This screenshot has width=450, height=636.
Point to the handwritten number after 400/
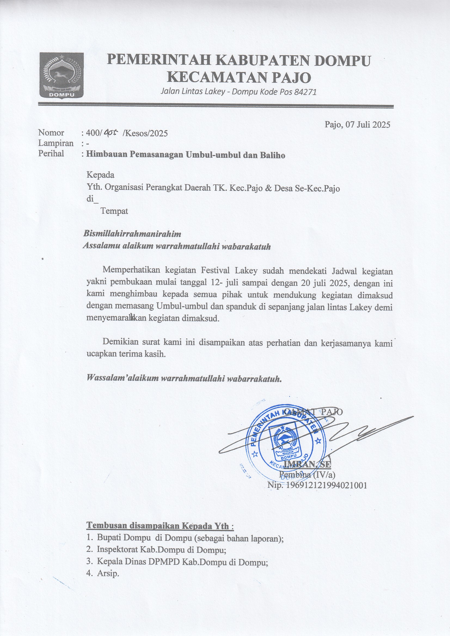pyautogui.click(x=111, y=134)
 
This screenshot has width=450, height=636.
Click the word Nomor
pyautogui.click(x=51, y=133)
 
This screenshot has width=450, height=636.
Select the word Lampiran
pyautogui.click(x=56, y=143)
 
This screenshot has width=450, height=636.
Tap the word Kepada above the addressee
pyautogui.click(x=100, y=175)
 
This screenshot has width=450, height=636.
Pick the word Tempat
pyautogui.click(x=114, y=211)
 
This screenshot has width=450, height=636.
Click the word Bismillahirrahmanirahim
pyautogui.click(x=132, y=234)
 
